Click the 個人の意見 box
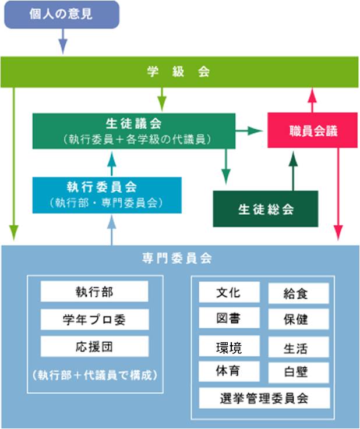point(61,15)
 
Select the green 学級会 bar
point(179,72)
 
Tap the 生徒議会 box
point(134,131)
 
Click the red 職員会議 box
point(313,131)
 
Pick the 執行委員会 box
point(107,194)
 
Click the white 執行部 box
point(94,292)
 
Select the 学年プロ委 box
point(94,319)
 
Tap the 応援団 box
point(94,347)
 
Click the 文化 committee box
point(228,292)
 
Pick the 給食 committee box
point(298,293)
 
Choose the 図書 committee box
point(228,318)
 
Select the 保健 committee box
point(298,320)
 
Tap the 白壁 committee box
point(298,373)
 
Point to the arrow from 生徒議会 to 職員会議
point(250,131)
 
